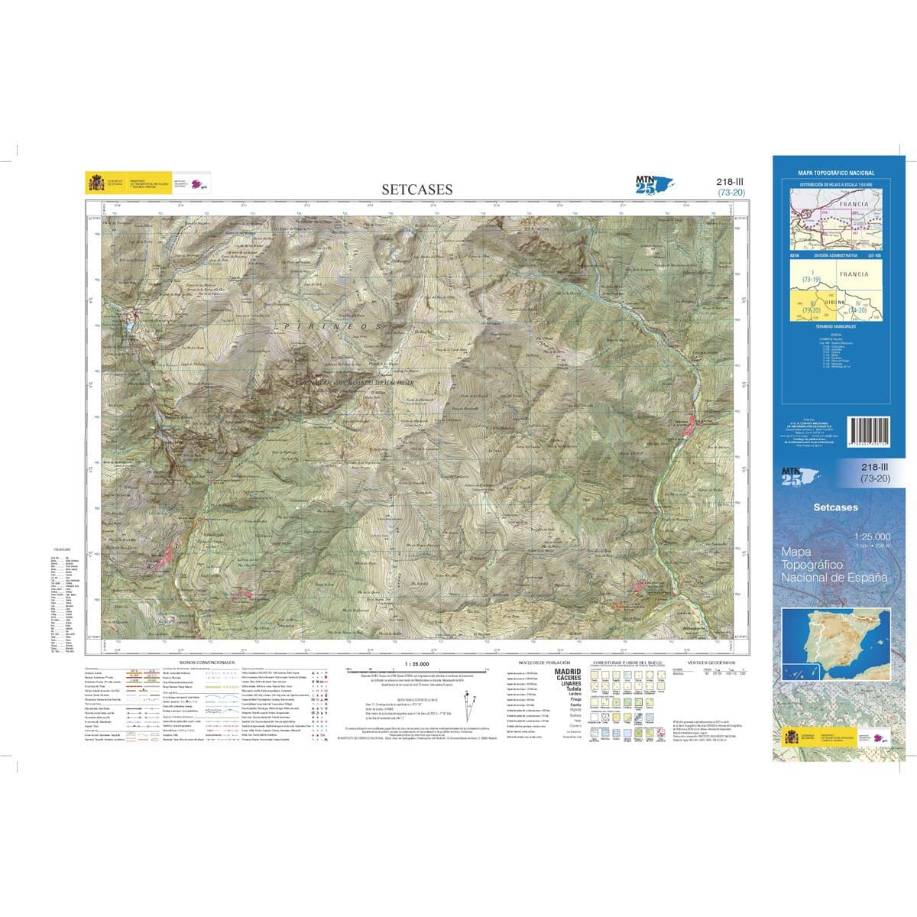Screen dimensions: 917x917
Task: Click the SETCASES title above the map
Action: (x=417, y=190)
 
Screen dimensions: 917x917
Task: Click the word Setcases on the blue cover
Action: (x=835, y=507)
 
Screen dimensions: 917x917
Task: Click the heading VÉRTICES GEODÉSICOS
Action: (x=706, y=662)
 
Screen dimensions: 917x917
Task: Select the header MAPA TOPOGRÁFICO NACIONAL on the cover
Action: (x=836, y=173)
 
